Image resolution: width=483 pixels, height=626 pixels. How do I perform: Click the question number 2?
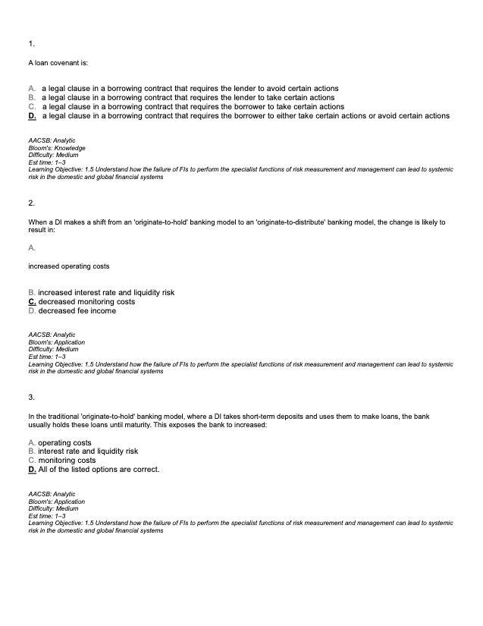pos(31,203)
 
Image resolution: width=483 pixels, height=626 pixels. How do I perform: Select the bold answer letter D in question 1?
pos(32,116)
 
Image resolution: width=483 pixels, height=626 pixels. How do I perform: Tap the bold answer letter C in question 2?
pos(32,301)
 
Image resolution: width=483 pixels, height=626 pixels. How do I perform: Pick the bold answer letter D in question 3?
pos(32,469)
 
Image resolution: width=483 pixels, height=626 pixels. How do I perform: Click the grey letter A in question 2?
pos(31,248)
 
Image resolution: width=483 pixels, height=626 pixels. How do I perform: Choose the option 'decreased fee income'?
pos(77,310)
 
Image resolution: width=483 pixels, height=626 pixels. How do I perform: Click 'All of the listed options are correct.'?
pos(99,469)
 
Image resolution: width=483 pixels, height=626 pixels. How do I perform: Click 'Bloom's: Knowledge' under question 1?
pos(57,148)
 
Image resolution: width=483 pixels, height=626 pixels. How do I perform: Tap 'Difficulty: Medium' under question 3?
pos(53,508)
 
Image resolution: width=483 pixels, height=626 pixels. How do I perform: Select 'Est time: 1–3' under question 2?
pos(47,356)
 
